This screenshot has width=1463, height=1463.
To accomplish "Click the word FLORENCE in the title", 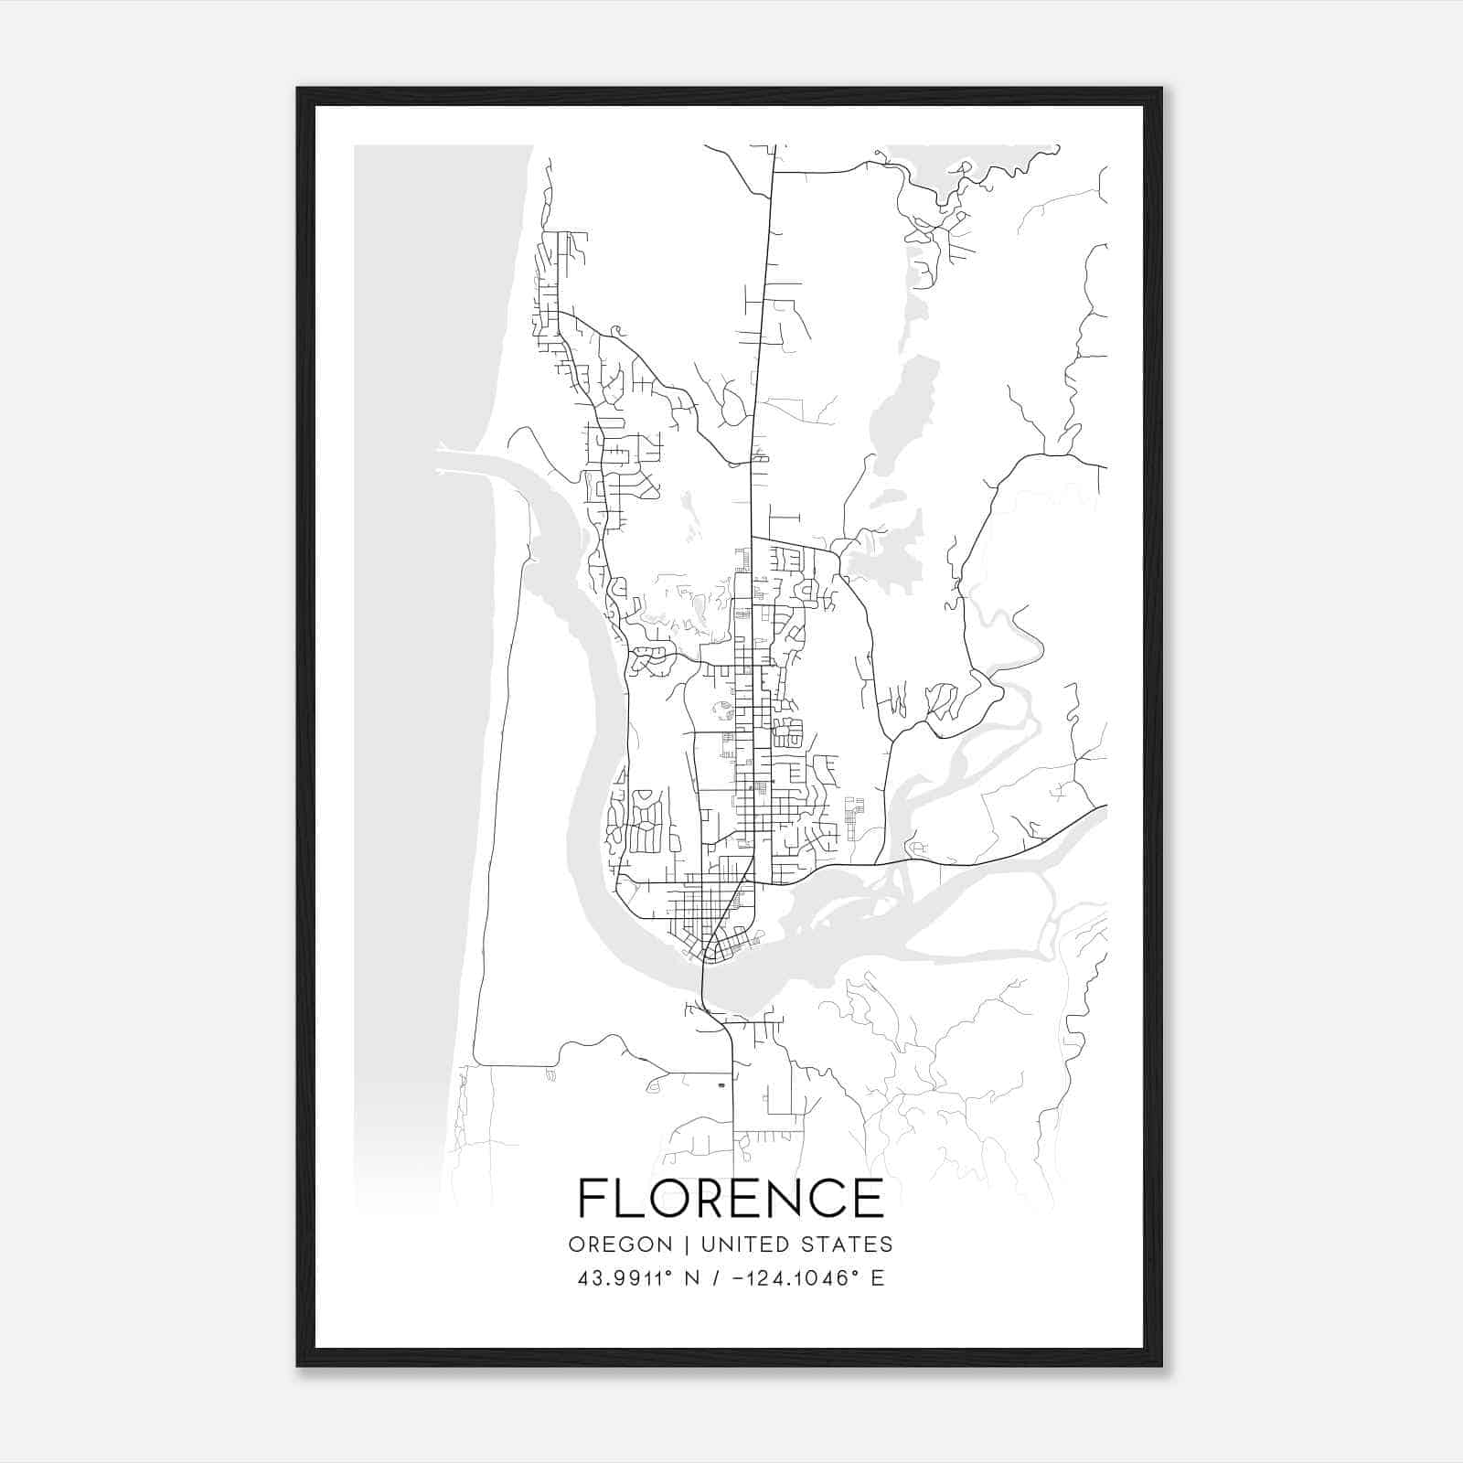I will [731, 1198].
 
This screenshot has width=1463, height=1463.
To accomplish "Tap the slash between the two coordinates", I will [716, 1278].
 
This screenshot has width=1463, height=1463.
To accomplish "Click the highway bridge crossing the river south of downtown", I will [703, 983].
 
